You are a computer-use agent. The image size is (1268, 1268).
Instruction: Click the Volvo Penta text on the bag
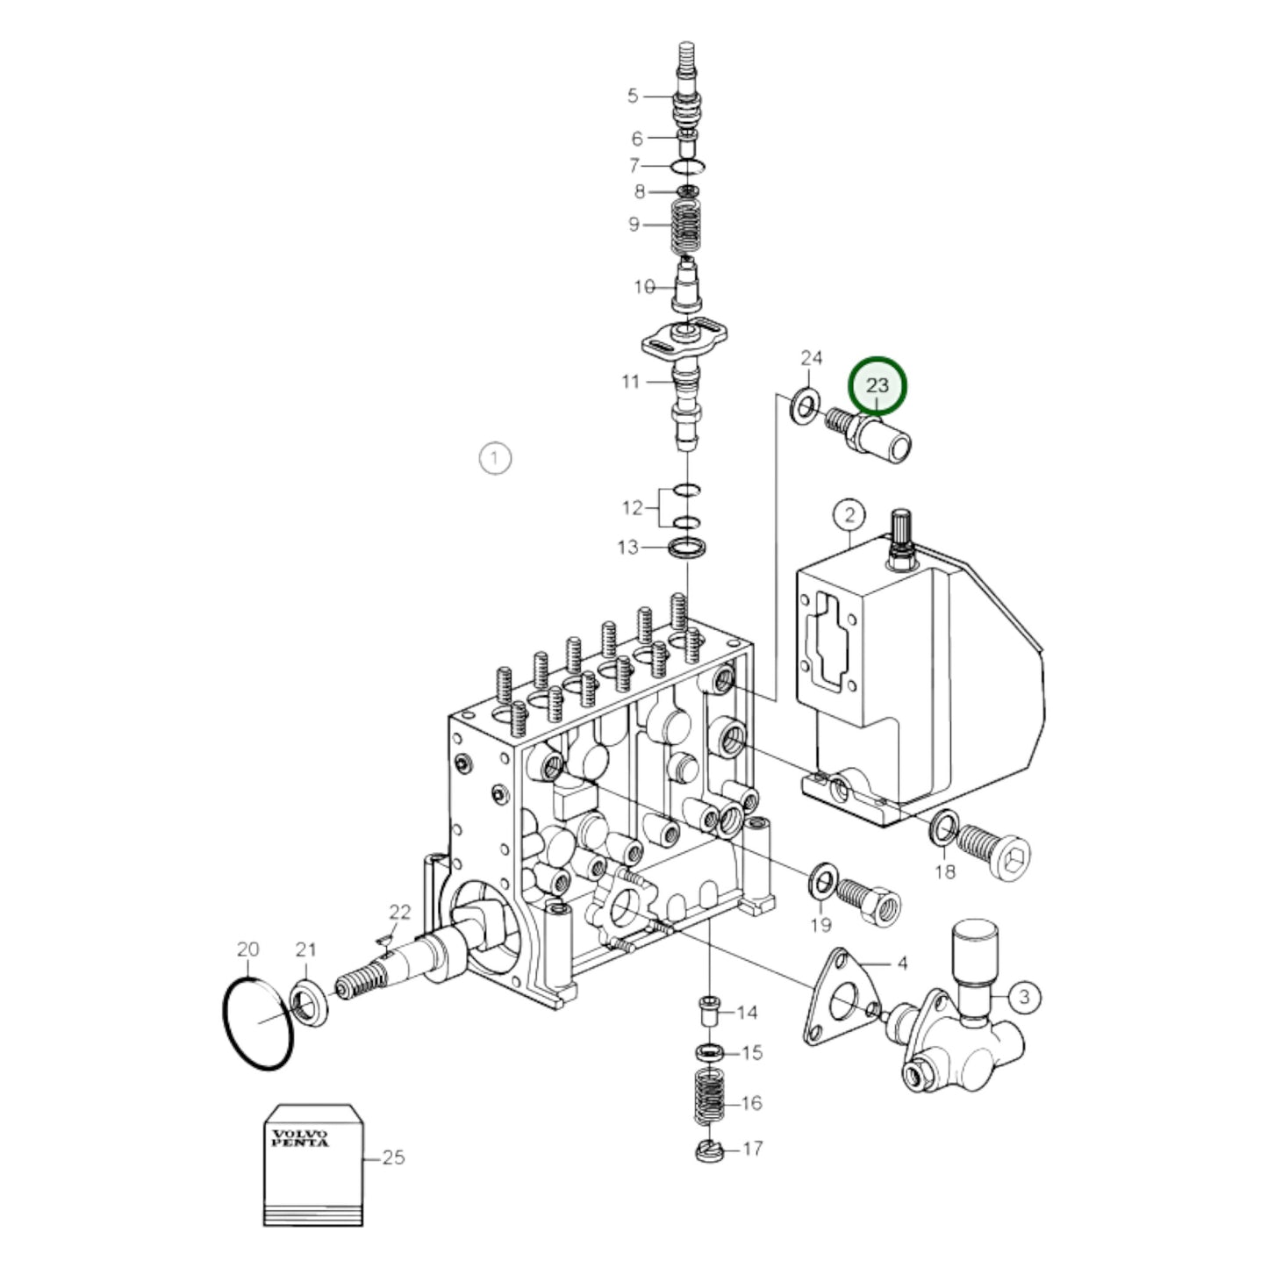click(x=300, y=1138)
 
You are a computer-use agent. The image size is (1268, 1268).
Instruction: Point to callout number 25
click(x=393, y=1157)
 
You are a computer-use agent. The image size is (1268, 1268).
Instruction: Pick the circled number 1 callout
click(x=495, y=458)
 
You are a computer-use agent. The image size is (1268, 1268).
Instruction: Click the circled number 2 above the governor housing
click(x=849, y=515)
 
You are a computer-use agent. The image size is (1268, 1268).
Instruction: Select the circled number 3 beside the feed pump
click(x=1024, y=996)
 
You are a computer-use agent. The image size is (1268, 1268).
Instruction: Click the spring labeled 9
click(x=688, y=226)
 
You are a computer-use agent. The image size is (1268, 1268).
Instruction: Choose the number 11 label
click(x=630, y=382)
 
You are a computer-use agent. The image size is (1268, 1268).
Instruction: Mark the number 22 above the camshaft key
click(x=399, y=912)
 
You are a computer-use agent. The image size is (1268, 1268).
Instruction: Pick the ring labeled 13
click(x=687, y=549)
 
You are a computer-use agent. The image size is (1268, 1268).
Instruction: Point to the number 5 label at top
click(x=633, y=95)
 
